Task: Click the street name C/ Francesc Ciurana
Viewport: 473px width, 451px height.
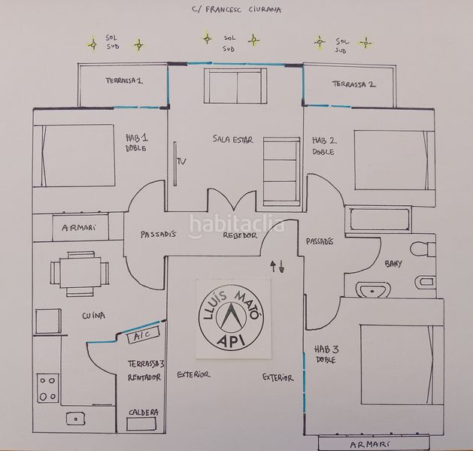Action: (236, 9)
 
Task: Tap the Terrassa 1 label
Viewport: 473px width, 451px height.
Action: (124, 80)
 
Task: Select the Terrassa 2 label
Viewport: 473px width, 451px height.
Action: (354, 84)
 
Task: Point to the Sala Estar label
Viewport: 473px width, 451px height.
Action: (232, 139)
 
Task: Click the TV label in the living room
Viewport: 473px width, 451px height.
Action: (181, 162)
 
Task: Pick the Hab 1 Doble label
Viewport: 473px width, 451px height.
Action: (137, 143)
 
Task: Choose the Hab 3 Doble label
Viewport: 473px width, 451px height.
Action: (326, 355)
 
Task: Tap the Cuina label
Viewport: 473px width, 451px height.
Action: (93, 316)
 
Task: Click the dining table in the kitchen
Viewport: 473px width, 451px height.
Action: (80, 273)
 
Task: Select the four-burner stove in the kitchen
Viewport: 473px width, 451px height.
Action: (47, 389)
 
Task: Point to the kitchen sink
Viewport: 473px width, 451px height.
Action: (75, 419)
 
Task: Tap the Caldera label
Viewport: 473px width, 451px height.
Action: (144, 413)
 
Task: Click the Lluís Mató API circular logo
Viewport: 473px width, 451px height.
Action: (232, 319)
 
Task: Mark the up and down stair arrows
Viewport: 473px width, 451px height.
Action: (277, 267)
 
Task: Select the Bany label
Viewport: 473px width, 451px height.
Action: (393, 264)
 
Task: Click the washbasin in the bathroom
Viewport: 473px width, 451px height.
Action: (374, 290)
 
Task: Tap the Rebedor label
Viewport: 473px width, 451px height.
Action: (240, 235)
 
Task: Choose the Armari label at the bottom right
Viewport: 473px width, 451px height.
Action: (369, 444)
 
